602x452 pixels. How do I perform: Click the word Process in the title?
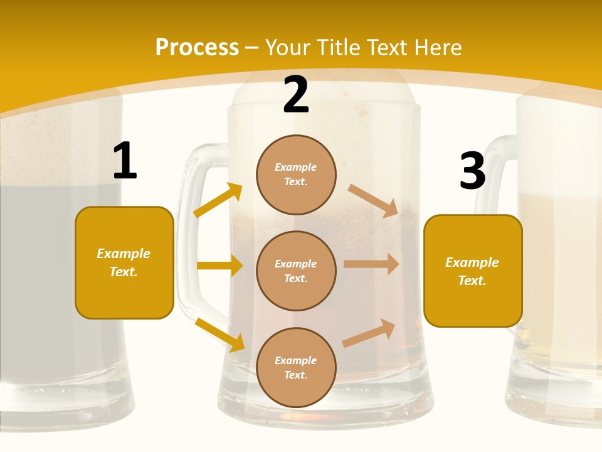197,48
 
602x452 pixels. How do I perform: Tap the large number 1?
125,161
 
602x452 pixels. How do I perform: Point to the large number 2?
296,95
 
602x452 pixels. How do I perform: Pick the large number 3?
472,171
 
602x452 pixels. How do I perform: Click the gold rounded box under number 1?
124,262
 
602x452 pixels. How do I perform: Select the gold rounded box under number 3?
473,271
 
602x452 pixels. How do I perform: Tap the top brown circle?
296,175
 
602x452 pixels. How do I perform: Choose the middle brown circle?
296,271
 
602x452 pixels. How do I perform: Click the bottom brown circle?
296,367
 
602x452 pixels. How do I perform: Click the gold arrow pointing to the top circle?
218,200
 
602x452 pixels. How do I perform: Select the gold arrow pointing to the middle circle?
219,266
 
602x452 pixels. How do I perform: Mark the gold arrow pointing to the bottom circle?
220,334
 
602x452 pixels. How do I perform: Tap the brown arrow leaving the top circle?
373,200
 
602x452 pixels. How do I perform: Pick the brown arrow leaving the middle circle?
371,264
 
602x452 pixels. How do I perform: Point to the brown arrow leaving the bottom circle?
369,333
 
